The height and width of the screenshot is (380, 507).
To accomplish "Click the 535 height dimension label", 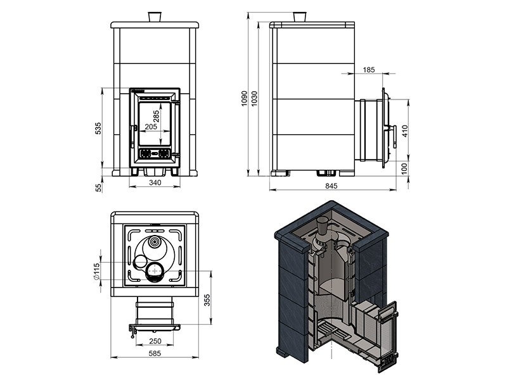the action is [x=99, y=129].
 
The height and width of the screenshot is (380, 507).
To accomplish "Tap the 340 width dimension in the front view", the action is [x=155, y=182].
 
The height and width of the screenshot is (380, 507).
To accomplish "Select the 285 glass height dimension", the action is [x=156, y=117].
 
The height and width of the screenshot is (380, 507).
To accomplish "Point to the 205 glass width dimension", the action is [x=151, y=126].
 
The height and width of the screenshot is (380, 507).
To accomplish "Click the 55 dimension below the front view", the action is [x=99, y=187].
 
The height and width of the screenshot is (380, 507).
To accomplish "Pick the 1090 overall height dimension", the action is [x=244, y=98].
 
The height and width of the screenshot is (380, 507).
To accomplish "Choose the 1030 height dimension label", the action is [x=255, y=98].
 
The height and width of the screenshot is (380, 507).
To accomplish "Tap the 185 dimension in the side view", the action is [x=369, y=70].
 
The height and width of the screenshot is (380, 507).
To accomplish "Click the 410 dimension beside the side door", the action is [x=406, y=130].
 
